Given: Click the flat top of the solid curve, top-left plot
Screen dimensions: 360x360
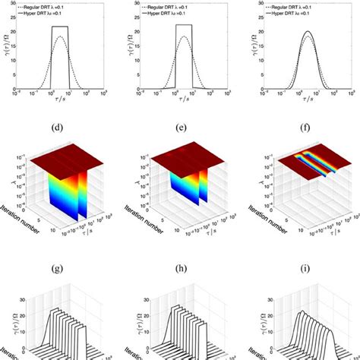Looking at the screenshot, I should pyautogui.click(x=60, y=27).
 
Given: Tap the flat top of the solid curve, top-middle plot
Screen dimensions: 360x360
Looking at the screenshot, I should pyautogui.click(x=183, y=25).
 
